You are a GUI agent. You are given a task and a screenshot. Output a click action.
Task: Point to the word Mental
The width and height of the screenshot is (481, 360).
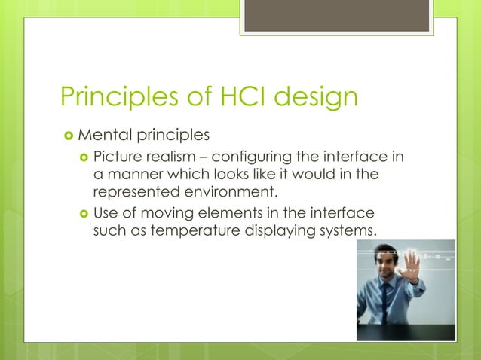tap(105, 136)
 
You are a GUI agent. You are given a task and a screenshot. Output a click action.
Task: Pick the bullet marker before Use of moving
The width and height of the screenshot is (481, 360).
tap(83, 214)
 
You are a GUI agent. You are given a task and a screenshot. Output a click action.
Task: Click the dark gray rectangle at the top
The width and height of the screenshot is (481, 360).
tap(336, 15)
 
